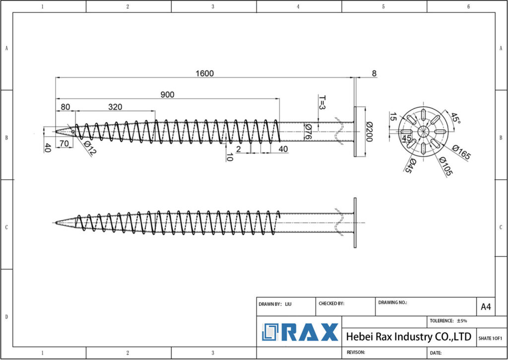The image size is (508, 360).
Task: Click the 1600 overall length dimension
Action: point(204,73)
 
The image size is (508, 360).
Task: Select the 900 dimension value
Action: point(168,95)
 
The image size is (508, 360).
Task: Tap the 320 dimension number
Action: point(115,107)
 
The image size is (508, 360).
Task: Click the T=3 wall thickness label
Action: point(321,102)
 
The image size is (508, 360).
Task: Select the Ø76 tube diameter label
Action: point(308,132)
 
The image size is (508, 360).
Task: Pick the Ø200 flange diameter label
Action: point(369,132)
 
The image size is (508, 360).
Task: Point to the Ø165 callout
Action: point(461,153)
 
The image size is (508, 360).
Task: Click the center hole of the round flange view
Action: point(423,132)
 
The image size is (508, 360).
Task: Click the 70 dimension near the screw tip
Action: point(64,144)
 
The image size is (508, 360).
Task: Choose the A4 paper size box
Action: point(486,307)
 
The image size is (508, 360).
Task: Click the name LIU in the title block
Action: point(288,303)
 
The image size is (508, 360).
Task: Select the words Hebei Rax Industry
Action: point(382,337)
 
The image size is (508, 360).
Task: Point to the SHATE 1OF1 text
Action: point(490,338)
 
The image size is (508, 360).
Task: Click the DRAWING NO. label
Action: point(392,302)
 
